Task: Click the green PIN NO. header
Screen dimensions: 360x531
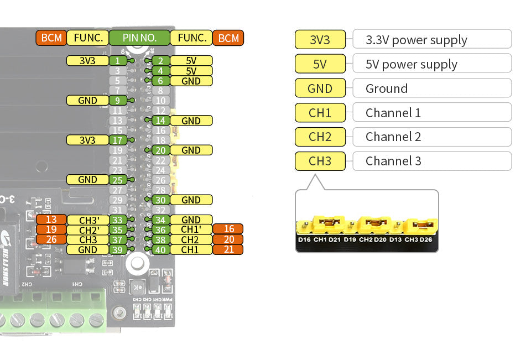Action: (139, 38)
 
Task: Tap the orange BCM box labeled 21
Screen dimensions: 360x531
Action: (228, 249)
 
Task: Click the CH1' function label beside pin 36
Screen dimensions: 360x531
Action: (191, 229)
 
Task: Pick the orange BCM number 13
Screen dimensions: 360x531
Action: (51, 220)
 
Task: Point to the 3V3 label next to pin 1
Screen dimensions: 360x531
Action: (87, 61)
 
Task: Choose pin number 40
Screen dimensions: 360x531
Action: (160, 249)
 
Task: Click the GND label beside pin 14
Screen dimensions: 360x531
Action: (191, 121)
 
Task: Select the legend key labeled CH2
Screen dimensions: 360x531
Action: (320, 137)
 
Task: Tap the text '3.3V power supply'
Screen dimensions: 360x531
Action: (416, 40)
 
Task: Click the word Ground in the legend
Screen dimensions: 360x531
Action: (386, 88)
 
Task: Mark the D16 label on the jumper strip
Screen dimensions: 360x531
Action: (304, 239)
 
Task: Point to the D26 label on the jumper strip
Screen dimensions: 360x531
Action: (425, 239)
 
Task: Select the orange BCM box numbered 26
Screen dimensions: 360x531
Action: (51, 239)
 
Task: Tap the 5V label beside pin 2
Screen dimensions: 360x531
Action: (191, 61)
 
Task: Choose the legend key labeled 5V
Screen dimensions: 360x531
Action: (320, 64)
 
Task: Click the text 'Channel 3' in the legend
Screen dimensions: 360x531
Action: (393, 161)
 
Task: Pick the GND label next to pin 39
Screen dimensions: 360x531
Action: (87, 249)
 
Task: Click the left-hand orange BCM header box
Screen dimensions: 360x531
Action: (51, 38)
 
